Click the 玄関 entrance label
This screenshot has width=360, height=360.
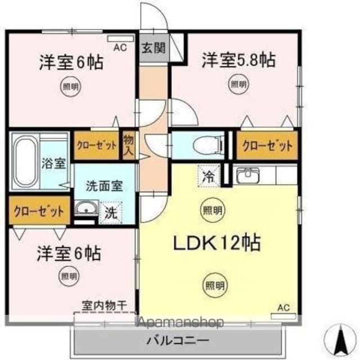tap(154, 48)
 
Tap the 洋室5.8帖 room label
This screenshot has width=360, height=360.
tap(238, 60)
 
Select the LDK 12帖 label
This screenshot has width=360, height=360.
tap(217, 242)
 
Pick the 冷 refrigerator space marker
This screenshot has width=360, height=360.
tap(209, 176)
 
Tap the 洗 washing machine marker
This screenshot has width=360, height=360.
tap(111, 213)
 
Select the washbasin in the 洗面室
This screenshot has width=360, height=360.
tap(87, 208)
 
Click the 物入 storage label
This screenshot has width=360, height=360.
tap(129, 146)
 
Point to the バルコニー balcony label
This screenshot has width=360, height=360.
tap(178, 340)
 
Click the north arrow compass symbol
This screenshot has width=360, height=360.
tap(341, 339)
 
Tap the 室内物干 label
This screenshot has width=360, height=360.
tap(105, 305)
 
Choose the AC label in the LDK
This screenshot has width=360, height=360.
tap(283, 308)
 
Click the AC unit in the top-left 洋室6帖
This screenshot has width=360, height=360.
tap(120, 39)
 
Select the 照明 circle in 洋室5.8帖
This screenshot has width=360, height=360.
tap(238, 84)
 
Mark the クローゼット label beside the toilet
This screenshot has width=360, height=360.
tap(268, 146)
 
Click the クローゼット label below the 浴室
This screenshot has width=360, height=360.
tap(39, 211)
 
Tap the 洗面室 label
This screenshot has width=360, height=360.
tap(105, 186)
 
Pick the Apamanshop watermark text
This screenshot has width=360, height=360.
tap(181, 322)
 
